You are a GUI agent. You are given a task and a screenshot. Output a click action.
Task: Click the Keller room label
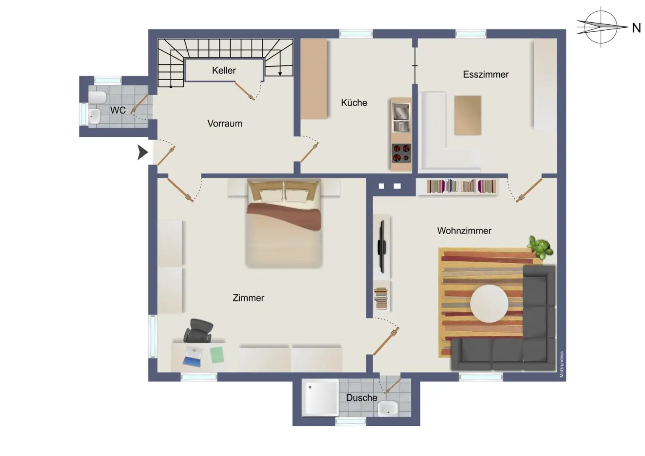pos(224,71)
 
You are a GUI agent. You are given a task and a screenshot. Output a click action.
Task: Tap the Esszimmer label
pos(485,74)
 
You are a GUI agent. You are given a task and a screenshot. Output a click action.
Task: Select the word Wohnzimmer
pos(464,231)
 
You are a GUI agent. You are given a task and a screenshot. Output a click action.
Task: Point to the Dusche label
pos(361,397)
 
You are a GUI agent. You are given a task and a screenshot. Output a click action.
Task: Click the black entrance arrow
pos(143,152)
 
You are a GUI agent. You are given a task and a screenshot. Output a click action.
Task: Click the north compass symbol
pos(601,27)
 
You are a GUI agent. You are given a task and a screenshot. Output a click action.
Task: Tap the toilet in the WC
pos(97,97)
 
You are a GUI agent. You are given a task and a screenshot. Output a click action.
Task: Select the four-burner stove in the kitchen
pos(401,153)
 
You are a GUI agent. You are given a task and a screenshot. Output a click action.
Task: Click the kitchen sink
pos(401,112)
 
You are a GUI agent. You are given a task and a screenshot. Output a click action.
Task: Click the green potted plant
pos(540,247)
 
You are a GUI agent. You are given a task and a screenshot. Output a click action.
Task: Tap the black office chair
pos(199,330)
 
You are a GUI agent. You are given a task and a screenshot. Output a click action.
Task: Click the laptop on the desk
pos(192,356)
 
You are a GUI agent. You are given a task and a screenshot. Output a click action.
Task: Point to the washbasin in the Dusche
pos(388,408)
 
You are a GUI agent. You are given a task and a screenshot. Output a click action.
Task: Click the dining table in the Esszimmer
pos(468,115)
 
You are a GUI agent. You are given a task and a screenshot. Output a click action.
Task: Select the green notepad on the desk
pos(217,354)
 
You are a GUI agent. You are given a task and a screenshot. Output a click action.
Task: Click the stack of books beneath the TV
pos(381,298)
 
